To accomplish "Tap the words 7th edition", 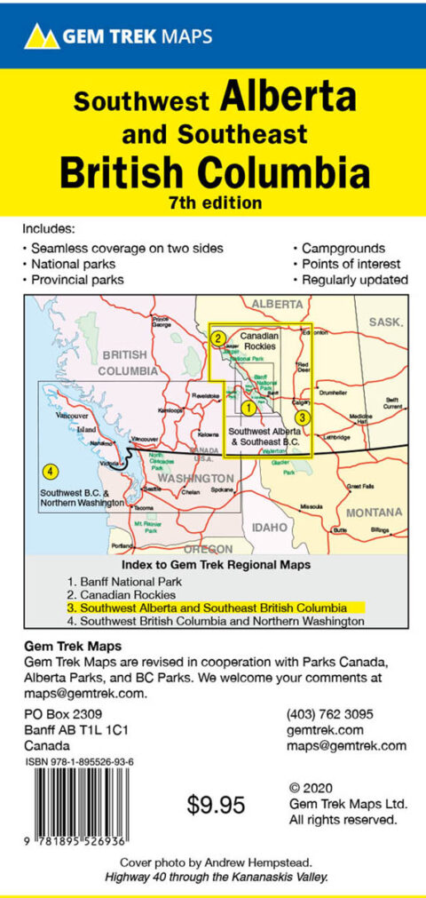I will tap(214, 202).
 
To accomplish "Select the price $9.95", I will tap(216, 806).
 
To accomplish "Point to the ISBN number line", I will tap(80, 762).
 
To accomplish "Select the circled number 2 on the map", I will tap(217, 338).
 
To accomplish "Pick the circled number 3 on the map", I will tap(302, 417).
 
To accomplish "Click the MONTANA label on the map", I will tap(374, 513).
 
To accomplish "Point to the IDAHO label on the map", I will tap(270, 527).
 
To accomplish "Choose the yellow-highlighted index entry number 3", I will tap(214, 608).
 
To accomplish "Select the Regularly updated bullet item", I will tap(352, 280).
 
